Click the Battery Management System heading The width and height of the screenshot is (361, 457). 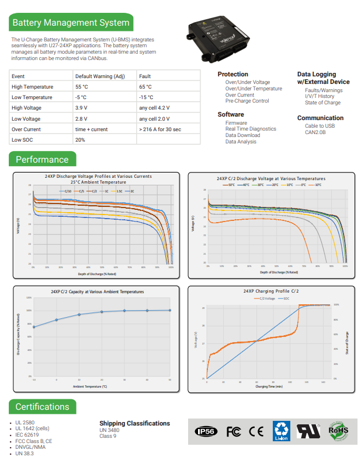pos(71,23)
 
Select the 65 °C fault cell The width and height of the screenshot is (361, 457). pos(147,87)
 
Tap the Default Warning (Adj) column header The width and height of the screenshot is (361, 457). pos(100,76)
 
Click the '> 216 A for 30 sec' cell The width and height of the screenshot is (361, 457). pos(160,129)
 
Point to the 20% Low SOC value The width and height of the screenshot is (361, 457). pos(80,140)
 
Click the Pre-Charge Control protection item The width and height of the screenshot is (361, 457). pos(247,101)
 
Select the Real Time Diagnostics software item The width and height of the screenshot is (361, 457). pos(251,129)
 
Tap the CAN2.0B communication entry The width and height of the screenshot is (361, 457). pos(315,132)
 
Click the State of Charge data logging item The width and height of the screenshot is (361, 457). pos(322,103)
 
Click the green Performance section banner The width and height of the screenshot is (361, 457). pos(42,160)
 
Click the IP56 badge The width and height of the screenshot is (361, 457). pos(206,431)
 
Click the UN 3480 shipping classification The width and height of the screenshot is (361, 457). pos(109,430)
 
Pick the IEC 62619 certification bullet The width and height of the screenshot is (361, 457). pos(27,435)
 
